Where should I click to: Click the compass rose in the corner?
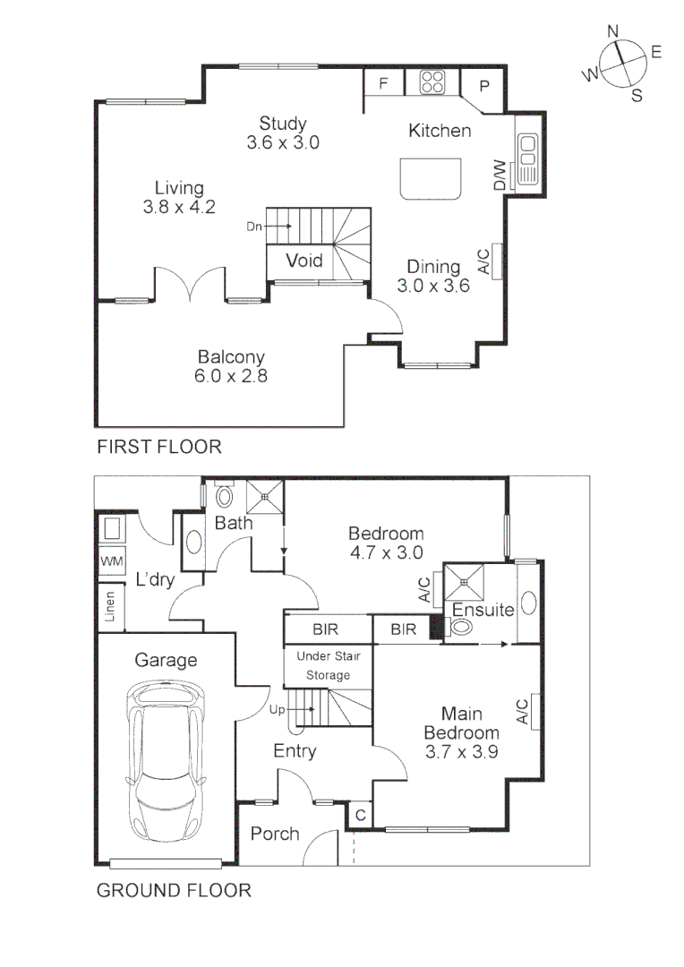click(619, 64)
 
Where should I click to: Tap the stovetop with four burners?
click(432, 83)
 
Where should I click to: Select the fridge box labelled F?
click(383, 84)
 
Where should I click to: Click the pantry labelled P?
click(484, 86)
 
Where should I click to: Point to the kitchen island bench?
click(432, 178)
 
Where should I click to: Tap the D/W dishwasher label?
click(499, 175)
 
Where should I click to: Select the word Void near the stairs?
click(304, 261)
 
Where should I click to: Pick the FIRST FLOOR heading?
click(158, 446)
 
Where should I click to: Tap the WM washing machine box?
click(112, 561)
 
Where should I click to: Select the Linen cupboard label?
click(110, 604)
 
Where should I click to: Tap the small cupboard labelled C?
click(360, 815)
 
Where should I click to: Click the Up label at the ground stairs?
click(277, 710)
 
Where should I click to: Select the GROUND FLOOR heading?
click(173, 891)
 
